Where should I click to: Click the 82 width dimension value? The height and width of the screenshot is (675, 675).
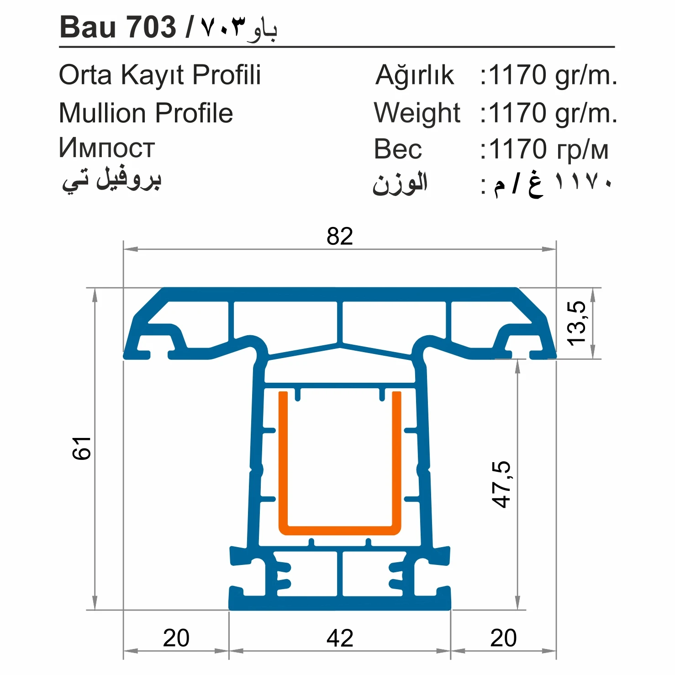[339, 236]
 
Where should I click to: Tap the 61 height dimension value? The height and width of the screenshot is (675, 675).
[82, 448]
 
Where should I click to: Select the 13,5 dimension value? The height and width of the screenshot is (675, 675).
[576, 323]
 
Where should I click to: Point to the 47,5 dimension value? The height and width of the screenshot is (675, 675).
[501, 484]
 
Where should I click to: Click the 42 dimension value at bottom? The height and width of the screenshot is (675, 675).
[340, 638]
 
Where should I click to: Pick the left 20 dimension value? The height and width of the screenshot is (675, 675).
[176, 638]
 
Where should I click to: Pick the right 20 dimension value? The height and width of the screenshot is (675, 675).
[503, 638]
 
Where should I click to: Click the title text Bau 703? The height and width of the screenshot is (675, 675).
[118, 27]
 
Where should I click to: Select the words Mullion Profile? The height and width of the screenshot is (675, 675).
[146, 113]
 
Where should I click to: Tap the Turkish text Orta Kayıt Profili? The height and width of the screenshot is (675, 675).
[160, 75]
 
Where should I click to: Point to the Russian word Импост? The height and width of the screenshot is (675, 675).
[107, 148]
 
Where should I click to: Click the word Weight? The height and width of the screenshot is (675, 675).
[417, 113]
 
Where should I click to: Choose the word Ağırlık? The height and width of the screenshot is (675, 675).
[415, 75]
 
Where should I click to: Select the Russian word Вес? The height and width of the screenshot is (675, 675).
[398, 149]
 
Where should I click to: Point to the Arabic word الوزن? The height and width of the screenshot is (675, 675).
[400, 184]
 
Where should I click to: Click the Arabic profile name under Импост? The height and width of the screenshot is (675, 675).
[112, 179]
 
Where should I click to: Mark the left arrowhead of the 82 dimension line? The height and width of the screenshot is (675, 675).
[131, 249]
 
